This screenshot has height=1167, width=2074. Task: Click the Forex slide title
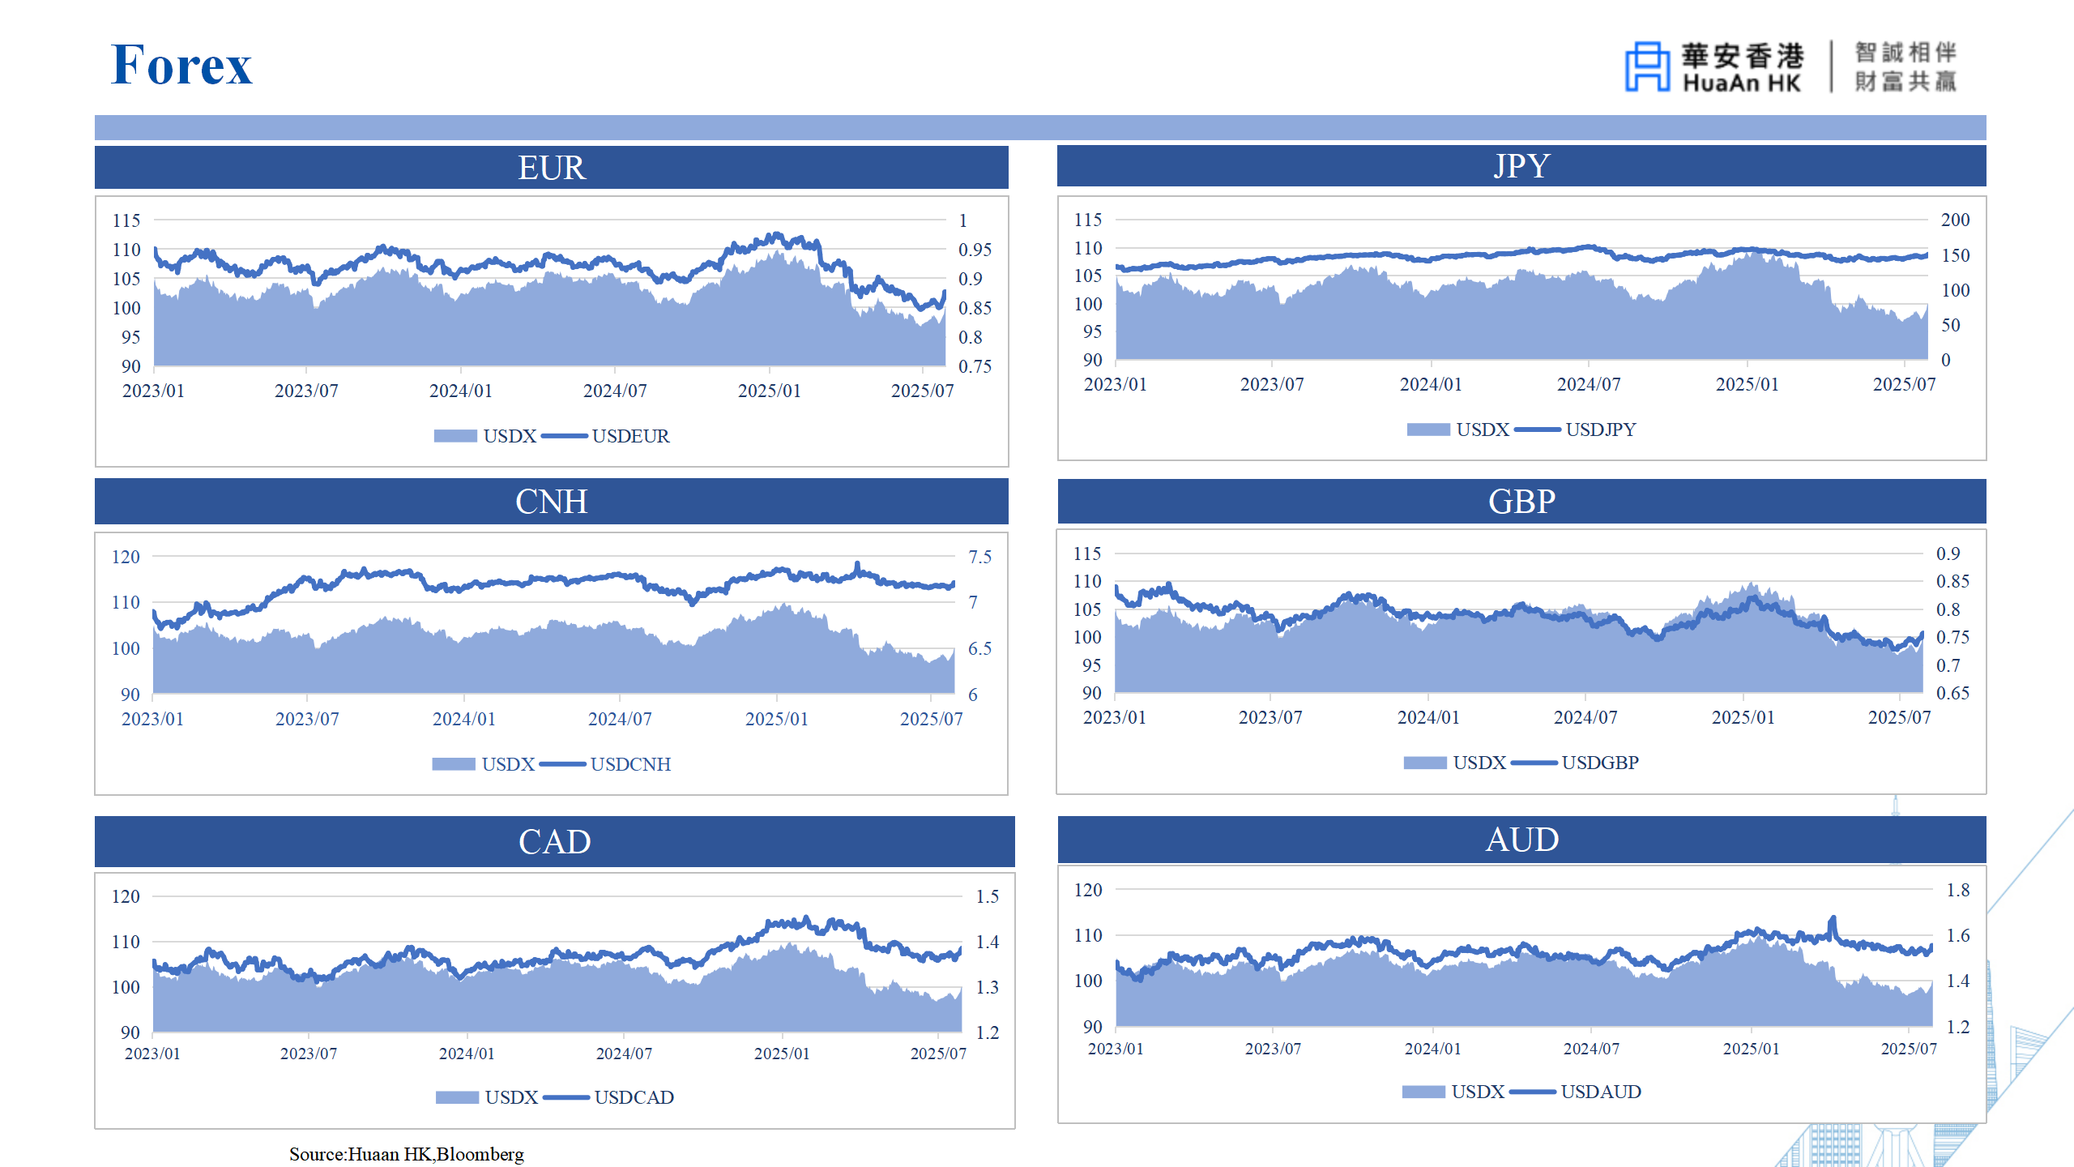click(181, 65)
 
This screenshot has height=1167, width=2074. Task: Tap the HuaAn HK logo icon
click(1646, 66)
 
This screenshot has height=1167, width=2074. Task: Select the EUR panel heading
click(551, 168)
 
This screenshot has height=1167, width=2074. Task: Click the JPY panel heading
click(1521, 166)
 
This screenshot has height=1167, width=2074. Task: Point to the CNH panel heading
click(551, 502)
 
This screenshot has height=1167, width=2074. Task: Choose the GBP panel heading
click(1521, 502)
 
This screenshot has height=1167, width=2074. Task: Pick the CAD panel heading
click(554, 842)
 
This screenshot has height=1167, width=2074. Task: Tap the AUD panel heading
click(1521, 840)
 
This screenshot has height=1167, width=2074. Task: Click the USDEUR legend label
click(630, 436)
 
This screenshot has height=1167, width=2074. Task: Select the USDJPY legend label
click(1600, 430)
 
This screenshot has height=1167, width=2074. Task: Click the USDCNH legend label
click(630, 764)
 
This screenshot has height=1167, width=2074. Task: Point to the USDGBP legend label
click(1599, 763)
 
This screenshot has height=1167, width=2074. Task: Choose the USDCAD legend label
click(634, 1097)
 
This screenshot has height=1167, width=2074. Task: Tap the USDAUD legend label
click(1600, 1092)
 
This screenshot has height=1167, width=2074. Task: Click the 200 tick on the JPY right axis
click(1955, 220)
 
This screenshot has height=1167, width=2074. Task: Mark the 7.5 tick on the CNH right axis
click(979, 557)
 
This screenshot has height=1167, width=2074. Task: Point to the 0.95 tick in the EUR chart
click(975, 250)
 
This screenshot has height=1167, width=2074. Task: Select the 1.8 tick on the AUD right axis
click(1957, 890)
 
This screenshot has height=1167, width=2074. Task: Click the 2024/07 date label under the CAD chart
click(624, 1054)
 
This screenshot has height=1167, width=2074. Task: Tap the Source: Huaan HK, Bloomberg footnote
click(407, 1154)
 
